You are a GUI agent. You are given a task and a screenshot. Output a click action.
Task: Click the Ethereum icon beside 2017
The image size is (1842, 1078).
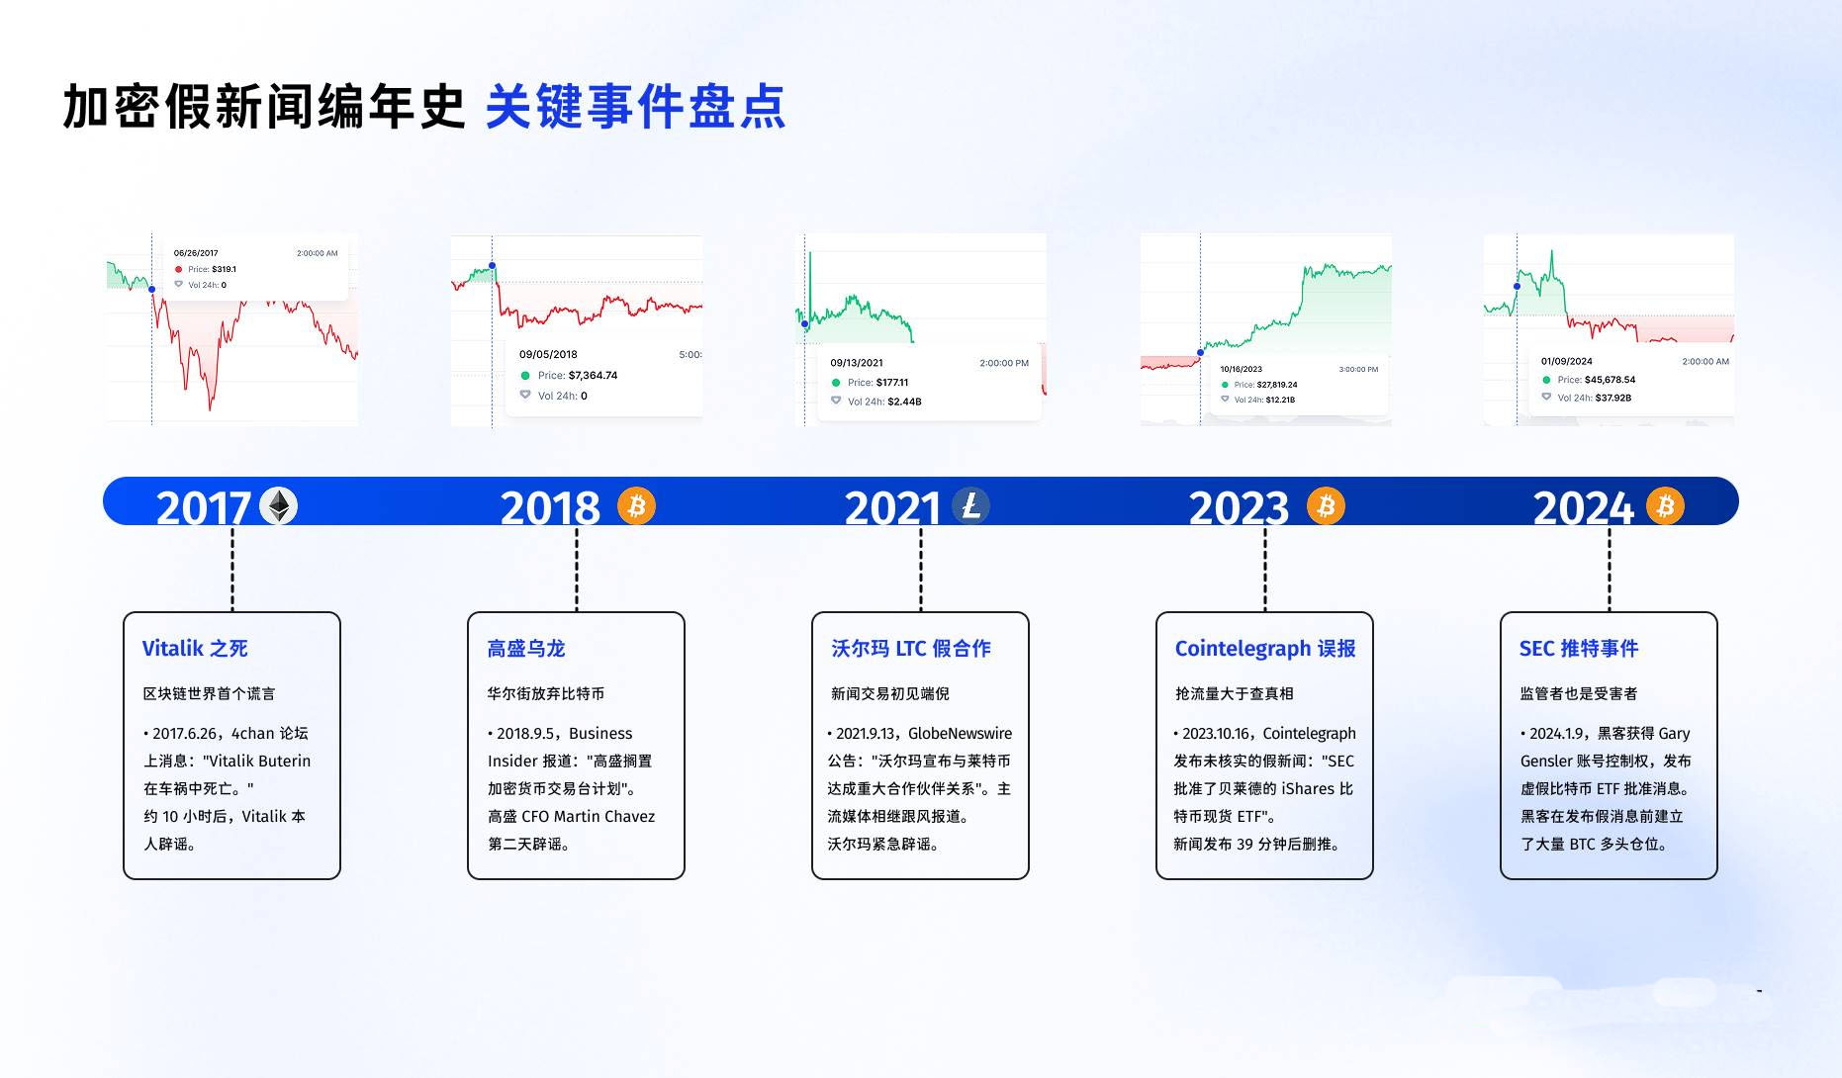coord(278,506)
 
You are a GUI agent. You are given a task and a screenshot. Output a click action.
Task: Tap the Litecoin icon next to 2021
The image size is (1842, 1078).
coord(970,505)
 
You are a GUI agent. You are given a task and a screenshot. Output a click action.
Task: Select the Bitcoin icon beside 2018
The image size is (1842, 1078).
coord(636,505)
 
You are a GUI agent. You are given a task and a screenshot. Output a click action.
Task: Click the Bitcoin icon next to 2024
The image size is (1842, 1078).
coord(1665,505)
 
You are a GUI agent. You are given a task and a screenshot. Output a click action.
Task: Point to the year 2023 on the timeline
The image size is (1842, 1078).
coord(1239,508)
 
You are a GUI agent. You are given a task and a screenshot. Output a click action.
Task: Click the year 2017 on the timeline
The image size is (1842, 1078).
coord(203,508)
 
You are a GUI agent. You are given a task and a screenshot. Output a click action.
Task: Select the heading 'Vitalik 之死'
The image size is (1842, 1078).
coord(195,649)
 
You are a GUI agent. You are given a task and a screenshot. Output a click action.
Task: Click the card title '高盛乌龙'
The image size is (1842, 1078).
coord(526,649)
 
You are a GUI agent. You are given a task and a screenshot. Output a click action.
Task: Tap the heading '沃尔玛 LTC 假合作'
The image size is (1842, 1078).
coord(911,649)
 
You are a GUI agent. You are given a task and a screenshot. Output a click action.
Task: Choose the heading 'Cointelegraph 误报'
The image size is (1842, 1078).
coord(1265,649)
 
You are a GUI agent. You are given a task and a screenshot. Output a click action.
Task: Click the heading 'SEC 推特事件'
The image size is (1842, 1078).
coord(1579,649)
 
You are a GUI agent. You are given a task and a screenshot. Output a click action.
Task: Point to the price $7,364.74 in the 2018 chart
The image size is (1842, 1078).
coord(593,376)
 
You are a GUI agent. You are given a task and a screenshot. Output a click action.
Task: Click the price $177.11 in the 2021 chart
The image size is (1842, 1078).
coord(891,383)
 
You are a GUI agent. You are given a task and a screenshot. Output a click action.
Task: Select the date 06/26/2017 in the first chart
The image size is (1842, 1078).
coord(196,253)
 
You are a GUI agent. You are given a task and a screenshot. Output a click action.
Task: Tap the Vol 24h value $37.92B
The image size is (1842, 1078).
coord(1613,398)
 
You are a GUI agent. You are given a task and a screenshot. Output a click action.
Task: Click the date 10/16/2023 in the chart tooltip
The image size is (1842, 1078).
coord(1241,369)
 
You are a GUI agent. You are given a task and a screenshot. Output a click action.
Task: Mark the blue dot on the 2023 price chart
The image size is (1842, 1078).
coord(1201,353)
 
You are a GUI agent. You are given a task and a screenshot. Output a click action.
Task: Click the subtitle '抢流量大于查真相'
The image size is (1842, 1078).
coord(1235,694)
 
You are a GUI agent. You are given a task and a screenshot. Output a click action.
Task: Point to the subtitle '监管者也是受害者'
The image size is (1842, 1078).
coord(1579,694)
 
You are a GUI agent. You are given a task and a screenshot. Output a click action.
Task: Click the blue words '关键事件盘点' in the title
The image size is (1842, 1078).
coord(636,107)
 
